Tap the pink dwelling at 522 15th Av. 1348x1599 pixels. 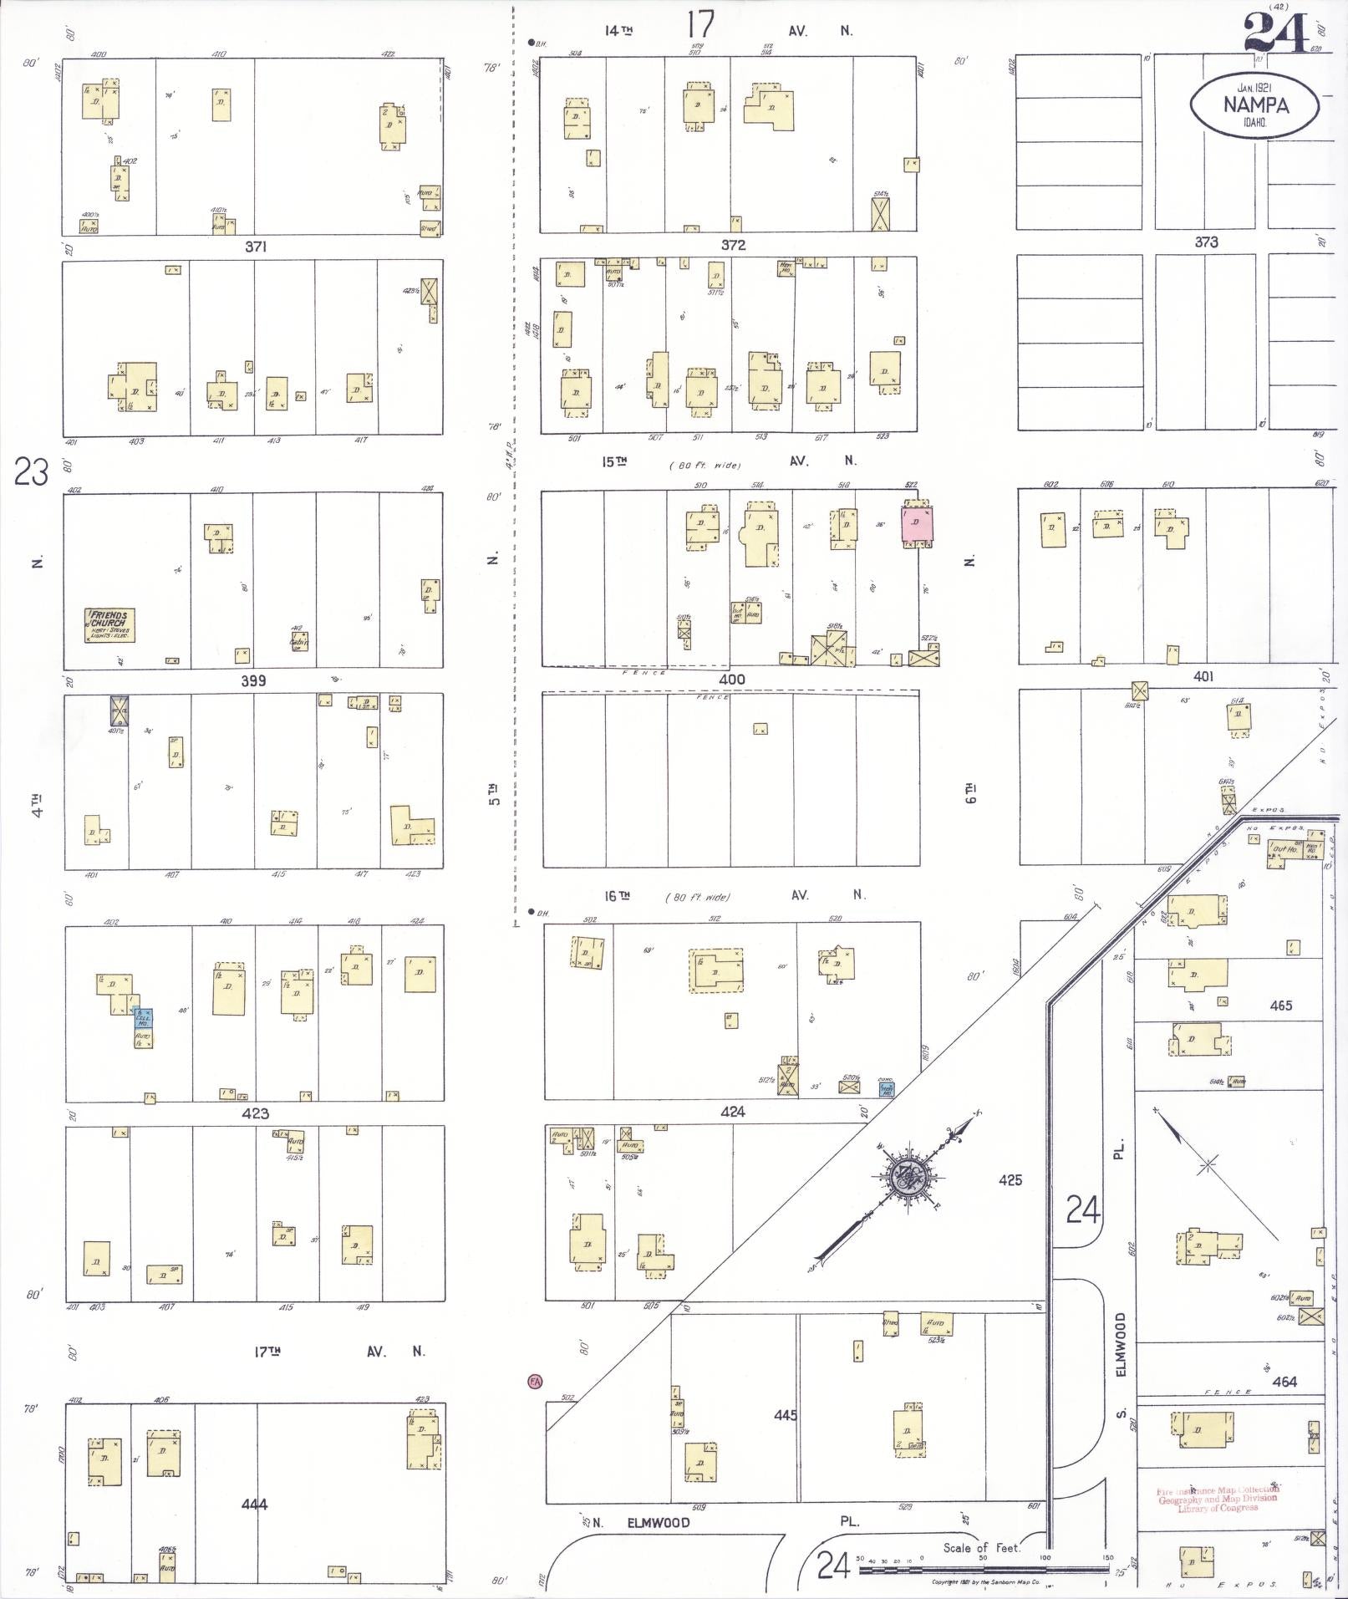tap(917, 523)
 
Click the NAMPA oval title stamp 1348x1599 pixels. tap(1255, 105)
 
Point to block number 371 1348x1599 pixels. tap(256, 247)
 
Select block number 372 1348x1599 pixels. tap(732, 245)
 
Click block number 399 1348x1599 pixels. tap(253, 680)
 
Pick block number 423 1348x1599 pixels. tap(255, 1113)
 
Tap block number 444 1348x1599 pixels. tap(254, 1505)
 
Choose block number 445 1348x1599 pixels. tap(786, 1415)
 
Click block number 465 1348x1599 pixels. tap(1281, 1006)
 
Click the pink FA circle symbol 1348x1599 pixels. tap(535, 1381)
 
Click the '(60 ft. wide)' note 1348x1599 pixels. tap(705, 465)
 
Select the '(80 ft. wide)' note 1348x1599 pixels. tap(697, 898)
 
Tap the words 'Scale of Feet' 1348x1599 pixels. tap(982, 1548)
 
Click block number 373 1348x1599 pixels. tap(1206, 242)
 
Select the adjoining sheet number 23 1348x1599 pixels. tap(31, 473)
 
